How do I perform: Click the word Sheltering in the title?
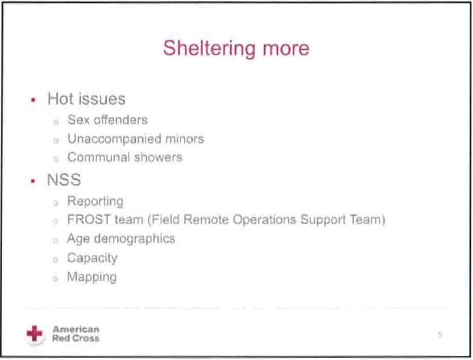(209, 49)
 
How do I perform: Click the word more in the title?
(286, 49)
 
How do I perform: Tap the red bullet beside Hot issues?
(33, 100)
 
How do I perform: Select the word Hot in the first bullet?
(60, 99)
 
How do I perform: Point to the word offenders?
(121, 120)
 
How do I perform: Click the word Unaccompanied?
(114, 139)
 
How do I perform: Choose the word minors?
(185, 139)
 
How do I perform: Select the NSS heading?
(64, 180)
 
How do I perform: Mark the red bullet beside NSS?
(33, 181)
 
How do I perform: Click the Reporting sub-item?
(95, 202)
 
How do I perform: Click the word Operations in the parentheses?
(265, 220)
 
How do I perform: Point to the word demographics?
(135, 239)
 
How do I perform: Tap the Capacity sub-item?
(92, 258)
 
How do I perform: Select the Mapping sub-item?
(92, 277)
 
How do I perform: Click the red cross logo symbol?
(35, 334)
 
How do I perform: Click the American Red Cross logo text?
(76, 334)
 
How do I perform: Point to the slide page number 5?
(440, 335)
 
